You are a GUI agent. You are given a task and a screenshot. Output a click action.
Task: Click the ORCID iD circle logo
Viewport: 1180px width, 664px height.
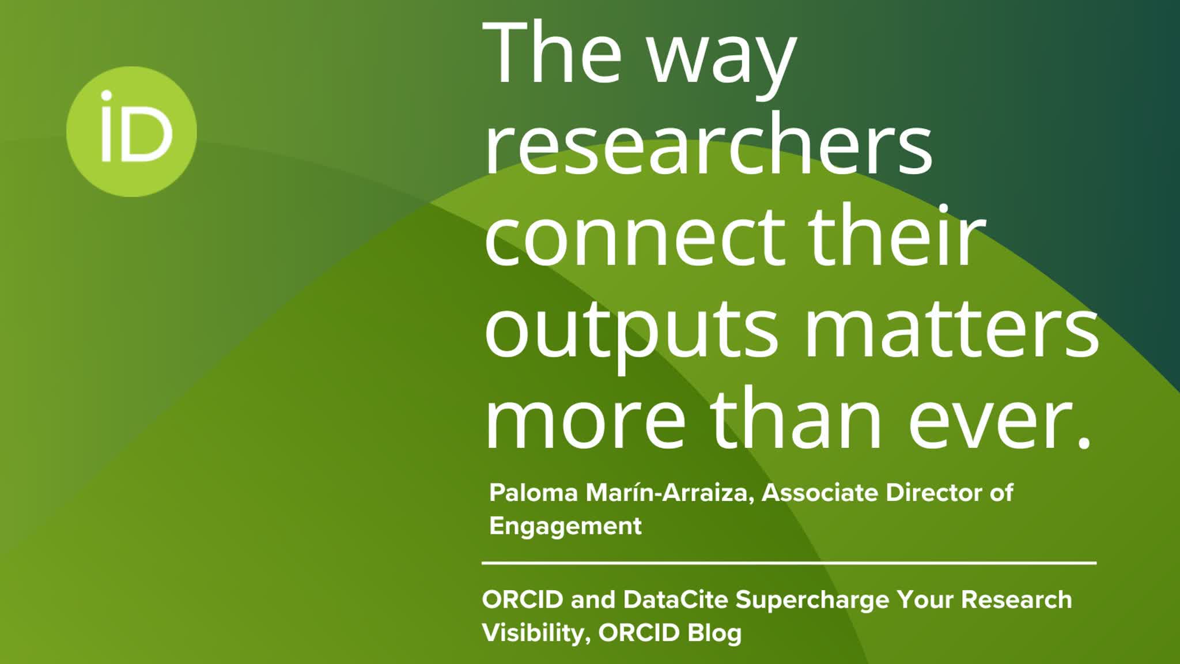click(x=131, y=131)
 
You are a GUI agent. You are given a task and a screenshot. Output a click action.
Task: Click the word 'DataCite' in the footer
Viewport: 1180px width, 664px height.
click(x=676, y=600)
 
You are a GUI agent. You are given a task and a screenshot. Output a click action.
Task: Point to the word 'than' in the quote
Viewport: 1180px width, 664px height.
click(x=796, y=418)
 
